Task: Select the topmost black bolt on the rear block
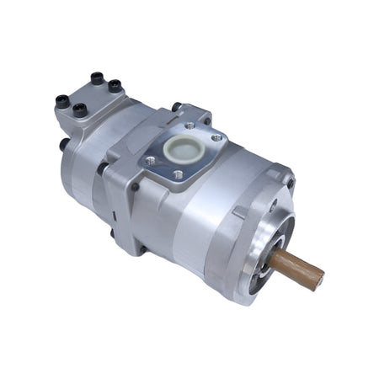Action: coord(97,77)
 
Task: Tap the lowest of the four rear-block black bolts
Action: coord(79,109)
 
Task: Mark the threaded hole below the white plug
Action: coord(178,174)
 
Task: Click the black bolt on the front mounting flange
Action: coord(290,182)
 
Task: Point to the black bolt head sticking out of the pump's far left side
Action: coord(64,144)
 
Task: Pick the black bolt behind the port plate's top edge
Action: coord(176,107)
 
